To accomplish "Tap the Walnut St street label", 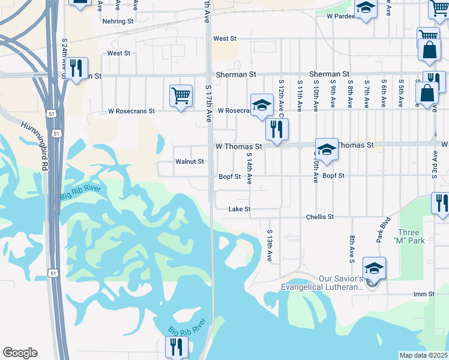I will (x=190, y=161).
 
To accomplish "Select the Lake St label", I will (x=239, y=209).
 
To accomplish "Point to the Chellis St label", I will (x=319, y=217).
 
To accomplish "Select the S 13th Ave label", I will (x=270, y=245).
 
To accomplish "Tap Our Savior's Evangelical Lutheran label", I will (x=323, y=283).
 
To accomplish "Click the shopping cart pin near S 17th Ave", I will (x=181, y=95).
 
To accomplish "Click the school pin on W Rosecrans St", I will (x=261, y=105).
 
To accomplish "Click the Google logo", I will (x=20, y=353).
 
